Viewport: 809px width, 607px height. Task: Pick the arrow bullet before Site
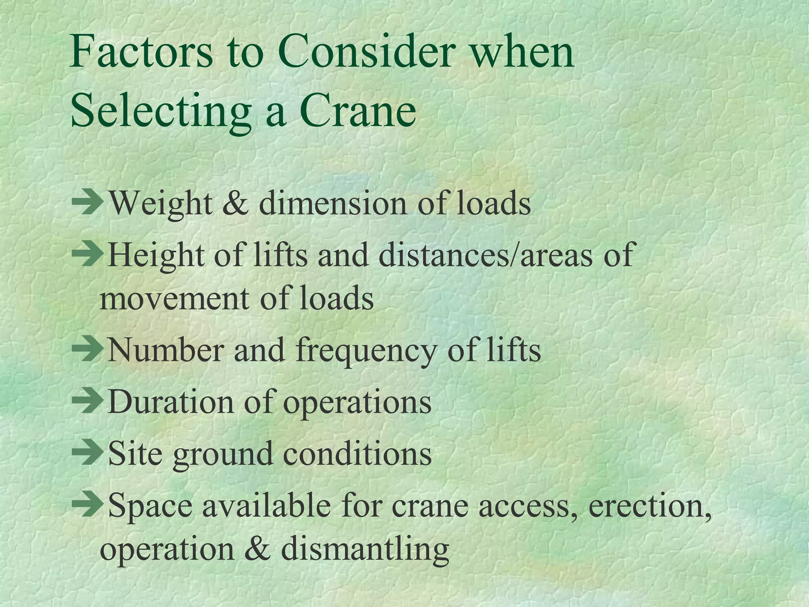point(87,453)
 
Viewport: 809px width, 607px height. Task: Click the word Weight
point(160,204)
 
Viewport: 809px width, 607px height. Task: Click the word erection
point(650,505)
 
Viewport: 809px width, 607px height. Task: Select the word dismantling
point(365,549)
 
